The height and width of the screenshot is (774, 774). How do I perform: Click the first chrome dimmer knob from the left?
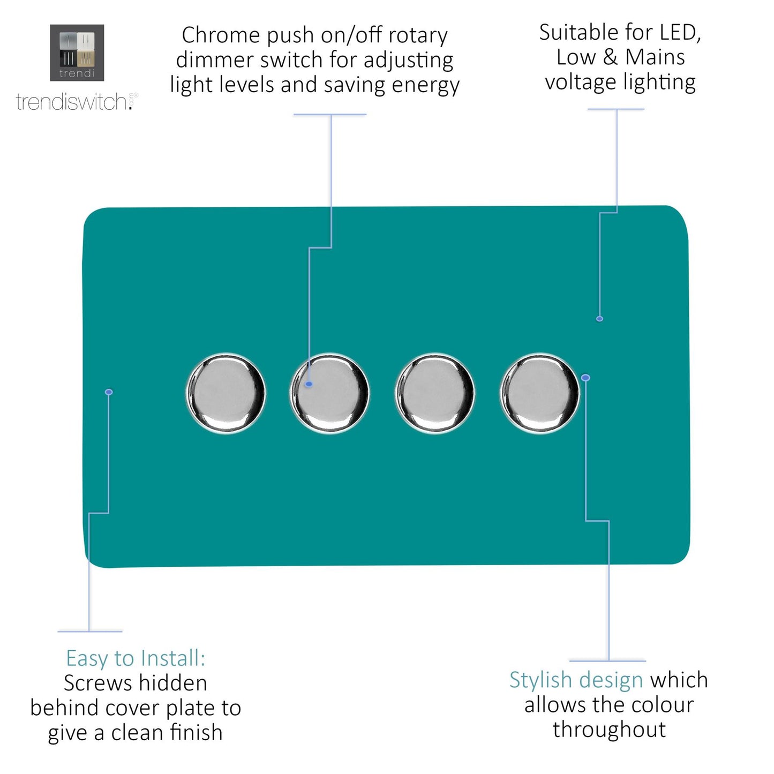[226, 393]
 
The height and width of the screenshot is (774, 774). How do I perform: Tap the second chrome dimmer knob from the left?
[330, 393]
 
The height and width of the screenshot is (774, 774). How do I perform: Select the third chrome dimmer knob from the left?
[435, 393]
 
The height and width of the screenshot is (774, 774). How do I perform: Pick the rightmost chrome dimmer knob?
[539, 393]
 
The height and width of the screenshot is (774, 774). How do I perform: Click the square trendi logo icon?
[77, 52]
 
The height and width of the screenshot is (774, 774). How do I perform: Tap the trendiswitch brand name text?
[72, 102]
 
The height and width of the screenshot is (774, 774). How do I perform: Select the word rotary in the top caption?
[418, 35]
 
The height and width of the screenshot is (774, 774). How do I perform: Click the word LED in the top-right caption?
[680, 33]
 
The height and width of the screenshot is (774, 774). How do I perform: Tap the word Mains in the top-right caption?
[655, 57]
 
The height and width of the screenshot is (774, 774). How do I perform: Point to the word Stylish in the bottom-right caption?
[540, 680]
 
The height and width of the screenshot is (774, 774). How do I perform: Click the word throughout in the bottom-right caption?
[609, 730]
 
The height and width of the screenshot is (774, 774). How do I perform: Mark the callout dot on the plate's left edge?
[109, 392]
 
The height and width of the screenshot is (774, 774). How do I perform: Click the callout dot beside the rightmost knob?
[585, 378]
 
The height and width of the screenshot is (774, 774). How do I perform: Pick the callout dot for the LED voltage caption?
[599, 319]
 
